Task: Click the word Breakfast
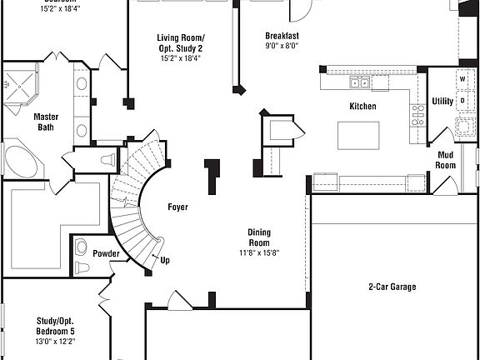[x=282, y=36]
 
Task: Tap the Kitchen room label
[x=362, y=107]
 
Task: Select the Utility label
[x=442, y=102]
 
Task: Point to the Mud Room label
[x=446, y=160]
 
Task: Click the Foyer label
[x=177, y=207]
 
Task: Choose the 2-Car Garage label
[x=392, y=287]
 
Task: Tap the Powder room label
[x=106, y=254]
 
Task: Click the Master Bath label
[x=46, y=122]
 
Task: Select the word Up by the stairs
[x=165, y=260]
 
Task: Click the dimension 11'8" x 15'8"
[x=257, y=252]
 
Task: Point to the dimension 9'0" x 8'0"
[x=282, y=47]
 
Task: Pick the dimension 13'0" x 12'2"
[x=56, y=341]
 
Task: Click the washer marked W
[x=462, y=78]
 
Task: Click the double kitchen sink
[x=360, y=82]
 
